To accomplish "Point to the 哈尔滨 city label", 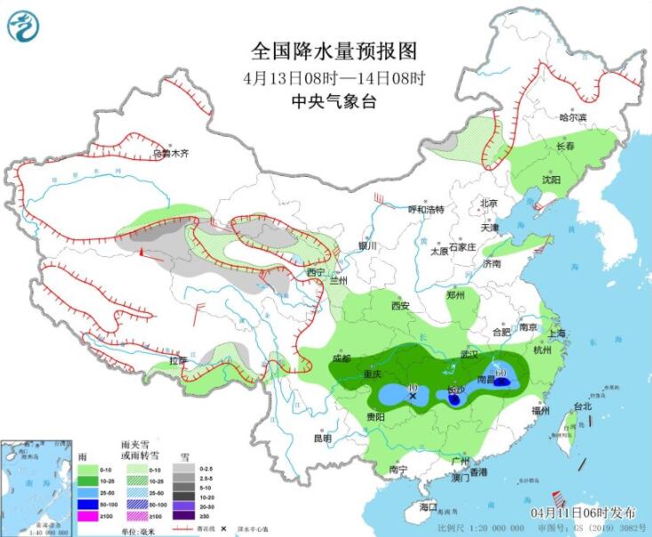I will point(573,118).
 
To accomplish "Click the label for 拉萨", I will point(177,361).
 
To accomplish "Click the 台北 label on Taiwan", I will point(582,406).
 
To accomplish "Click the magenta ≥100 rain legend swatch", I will point(88,517).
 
